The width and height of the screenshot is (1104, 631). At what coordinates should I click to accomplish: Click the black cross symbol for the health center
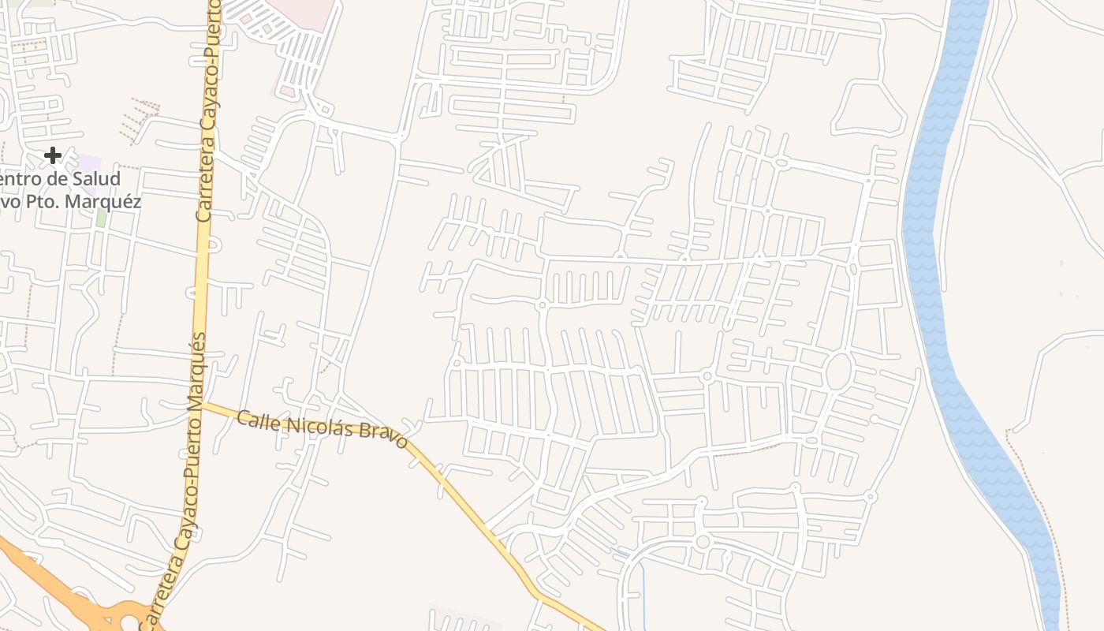click(53, 155)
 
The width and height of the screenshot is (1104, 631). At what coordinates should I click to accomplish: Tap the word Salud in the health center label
click(97, 179)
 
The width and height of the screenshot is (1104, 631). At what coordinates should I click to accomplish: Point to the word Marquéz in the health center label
click(104, 202)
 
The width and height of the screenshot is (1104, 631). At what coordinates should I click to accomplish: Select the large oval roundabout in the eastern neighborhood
click(838, 371)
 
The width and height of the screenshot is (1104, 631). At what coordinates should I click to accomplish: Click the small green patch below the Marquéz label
click(101, 217)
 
